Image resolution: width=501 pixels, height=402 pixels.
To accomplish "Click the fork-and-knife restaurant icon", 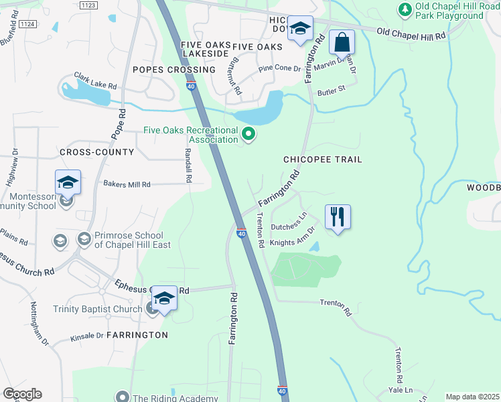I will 338,217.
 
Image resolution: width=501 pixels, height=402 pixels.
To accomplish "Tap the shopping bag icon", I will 342,42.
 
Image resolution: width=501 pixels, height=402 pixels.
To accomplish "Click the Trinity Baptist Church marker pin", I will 152,308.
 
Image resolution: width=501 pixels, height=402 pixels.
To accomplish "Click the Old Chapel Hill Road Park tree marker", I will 405,9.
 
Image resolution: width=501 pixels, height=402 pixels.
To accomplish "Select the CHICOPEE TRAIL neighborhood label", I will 322,159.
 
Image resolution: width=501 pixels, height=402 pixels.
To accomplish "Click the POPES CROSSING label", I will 174,70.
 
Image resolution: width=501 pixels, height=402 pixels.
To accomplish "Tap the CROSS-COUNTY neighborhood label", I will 96,152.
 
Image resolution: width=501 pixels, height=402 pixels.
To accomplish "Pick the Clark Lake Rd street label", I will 96,86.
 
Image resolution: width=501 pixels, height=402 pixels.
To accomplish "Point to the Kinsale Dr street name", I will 86,336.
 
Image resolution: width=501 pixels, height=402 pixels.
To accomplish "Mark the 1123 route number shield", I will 88,5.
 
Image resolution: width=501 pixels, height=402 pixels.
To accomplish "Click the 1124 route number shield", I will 27,23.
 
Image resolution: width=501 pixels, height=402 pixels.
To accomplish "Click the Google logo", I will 21,393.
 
